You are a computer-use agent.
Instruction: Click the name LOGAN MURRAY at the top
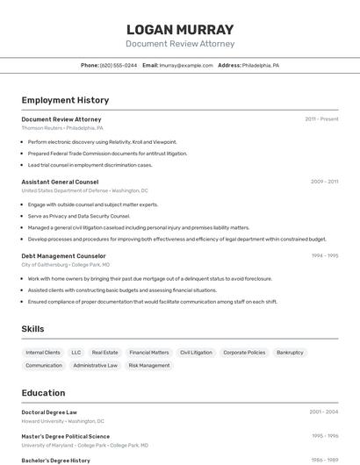[x=180, y=30]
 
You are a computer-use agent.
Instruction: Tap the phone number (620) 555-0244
[x=119, y=65]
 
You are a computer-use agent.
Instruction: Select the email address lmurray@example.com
[x=186, y=65]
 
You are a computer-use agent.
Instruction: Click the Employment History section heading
[x=65, y=100]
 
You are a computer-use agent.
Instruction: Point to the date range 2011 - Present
[x=321, y=118]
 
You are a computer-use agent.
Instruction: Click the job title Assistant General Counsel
[x=60, y=182]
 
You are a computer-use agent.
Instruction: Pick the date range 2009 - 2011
[x=324, y=182]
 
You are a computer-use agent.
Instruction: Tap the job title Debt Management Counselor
[x=63, y=255]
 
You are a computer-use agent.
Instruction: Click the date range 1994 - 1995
[x=324, y=255]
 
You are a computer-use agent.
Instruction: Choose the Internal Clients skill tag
[x=43, y=352]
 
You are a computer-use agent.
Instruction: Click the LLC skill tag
[x=76, y=352]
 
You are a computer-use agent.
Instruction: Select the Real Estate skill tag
[x=104, y=352]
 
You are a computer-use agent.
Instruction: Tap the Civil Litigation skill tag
[x=196, y=352]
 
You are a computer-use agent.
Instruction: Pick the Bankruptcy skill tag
[x=290, y=352]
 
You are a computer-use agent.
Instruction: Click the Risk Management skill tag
[x=149, y=365]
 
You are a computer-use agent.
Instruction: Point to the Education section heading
[x=43, y=393]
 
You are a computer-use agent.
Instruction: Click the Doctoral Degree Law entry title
[x=49, y=411]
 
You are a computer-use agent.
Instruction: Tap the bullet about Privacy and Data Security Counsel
[x=78, y=216]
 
